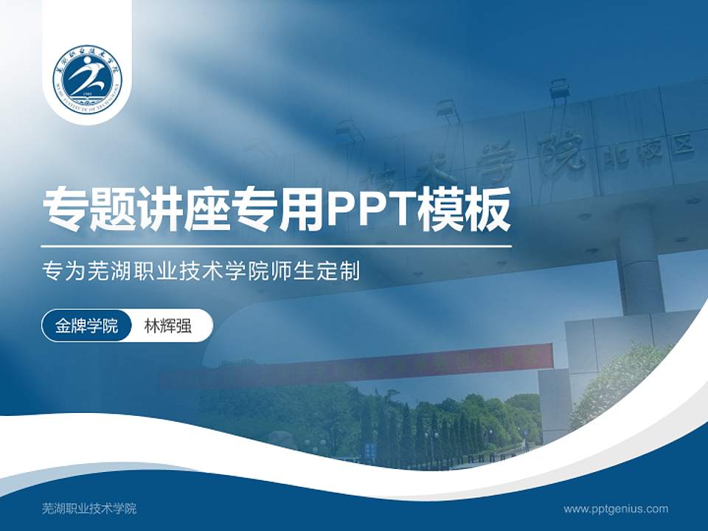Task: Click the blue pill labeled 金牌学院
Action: (x=87, y=326)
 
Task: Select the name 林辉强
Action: (x=167, y=326)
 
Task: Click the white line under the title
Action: (x=277, y=246)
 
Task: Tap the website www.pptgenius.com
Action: (x=616, y=509)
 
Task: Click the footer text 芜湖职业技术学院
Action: (x=89, y=509)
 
